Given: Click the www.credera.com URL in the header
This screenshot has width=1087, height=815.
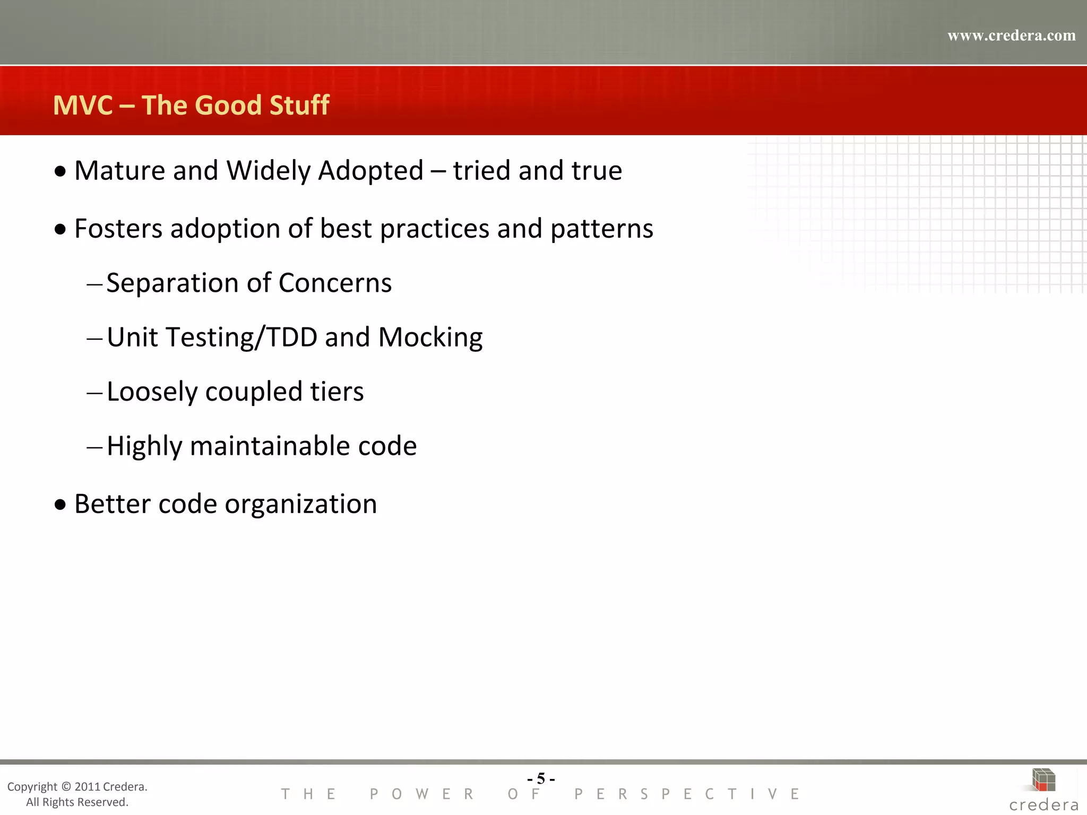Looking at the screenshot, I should click(1011, 36).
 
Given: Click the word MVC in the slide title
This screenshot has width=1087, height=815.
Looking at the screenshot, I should click(83, 105).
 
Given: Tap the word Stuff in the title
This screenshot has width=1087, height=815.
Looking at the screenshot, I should click(299, 105).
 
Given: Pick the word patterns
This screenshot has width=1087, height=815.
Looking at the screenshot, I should click(601, 229).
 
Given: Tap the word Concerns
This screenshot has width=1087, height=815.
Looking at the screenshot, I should click(335, 283).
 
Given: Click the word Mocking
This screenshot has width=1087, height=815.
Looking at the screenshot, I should click(430, 337).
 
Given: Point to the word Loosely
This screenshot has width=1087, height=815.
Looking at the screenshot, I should click(152, 393).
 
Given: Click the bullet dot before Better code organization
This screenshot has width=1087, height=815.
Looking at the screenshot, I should click(61, 505).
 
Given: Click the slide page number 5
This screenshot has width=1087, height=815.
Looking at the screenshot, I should click(541, 778).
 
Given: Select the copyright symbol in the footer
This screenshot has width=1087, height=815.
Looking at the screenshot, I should click(66, 787).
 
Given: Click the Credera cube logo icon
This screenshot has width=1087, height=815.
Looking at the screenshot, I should click(1043, 780).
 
